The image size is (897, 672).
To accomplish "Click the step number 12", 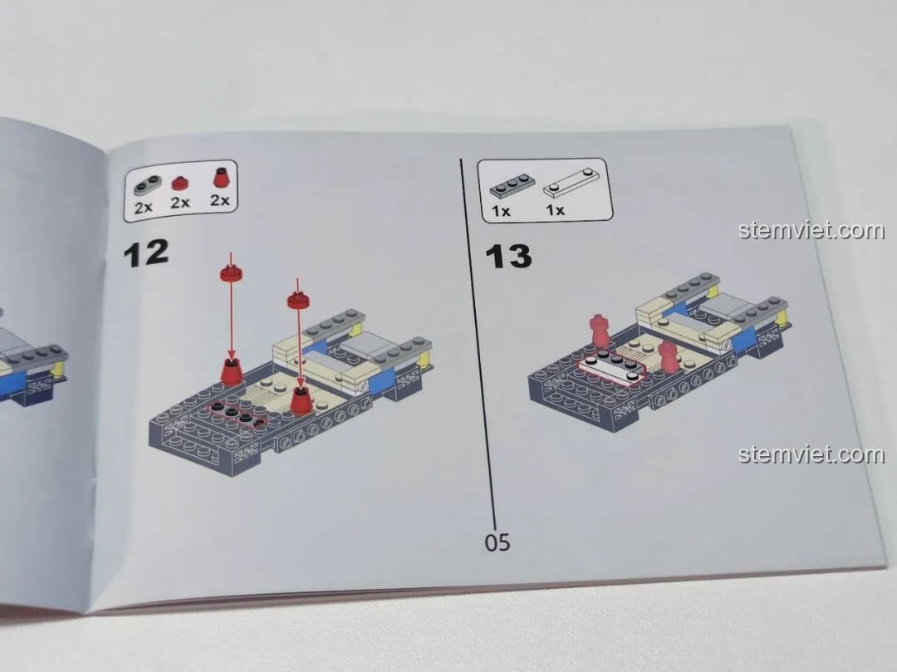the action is (146, 253).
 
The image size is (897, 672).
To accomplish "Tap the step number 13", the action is (508, 256).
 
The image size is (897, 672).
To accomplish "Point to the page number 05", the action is (498, 542).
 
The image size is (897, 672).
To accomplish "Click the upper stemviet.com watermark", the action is (811, 230).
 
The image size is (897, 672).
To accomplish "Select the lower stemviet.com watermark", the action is (811, 454).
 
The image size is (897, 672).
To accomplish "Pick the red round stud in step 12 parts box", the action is (180, 184).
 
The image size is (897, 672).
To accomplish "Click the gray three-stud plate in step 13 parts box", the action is (512, 184).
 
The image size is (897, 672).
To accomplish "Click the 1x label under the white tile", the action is (555, 210).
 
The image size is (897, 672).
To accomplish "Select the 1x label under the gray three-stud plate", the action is (501, 211).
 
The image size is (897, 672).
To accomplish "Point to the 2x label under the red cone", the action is (219, 200).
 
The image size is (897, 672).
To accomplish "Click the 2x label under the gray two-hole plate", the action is (143, 207).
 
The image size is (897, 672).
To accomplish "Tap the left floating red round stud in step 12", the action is (231, 272).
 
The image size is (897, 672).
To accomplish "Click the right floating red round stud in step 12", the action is (297, 300).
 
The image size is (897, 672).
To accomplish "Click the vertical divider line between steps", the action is (478, 337).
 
